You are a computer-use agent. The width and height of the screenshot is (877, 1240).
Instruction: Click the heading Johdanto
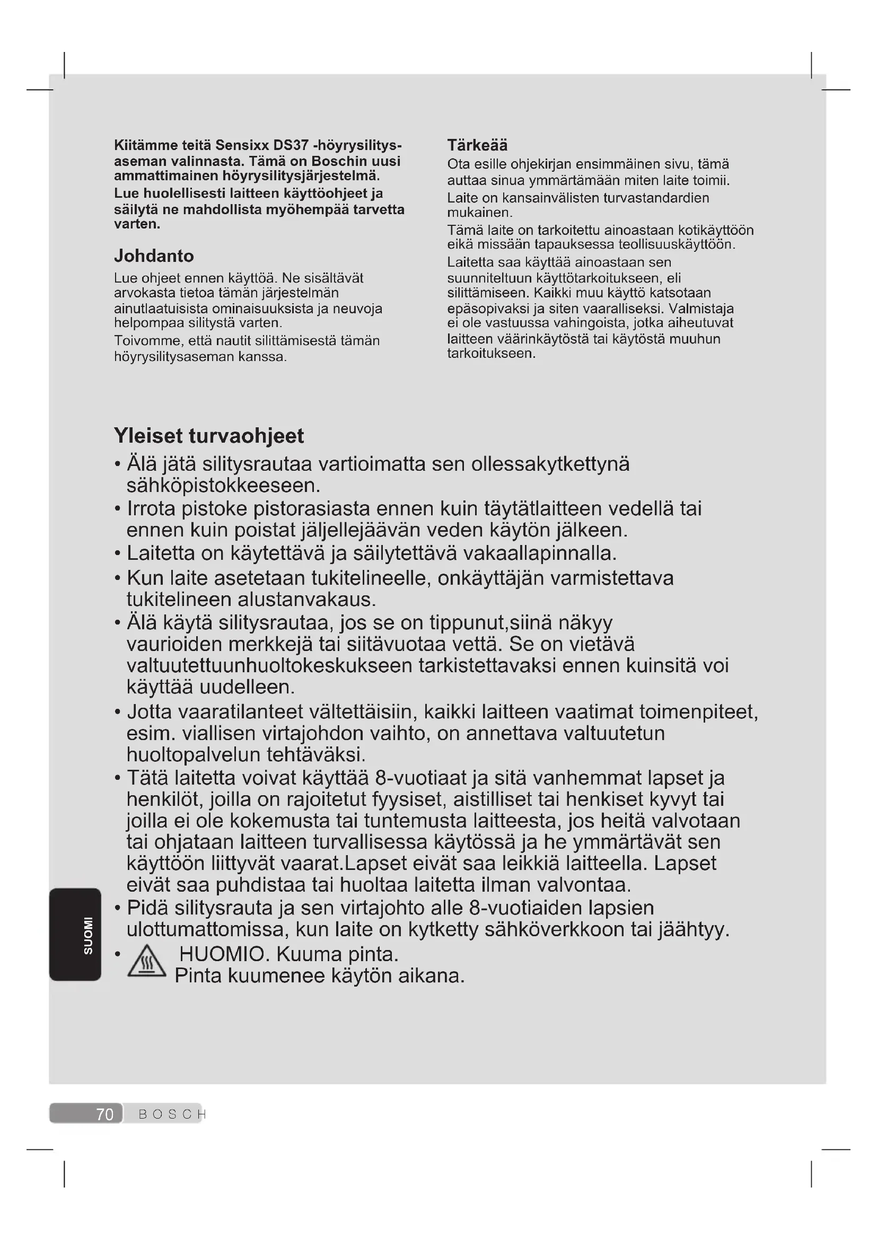point(153,256)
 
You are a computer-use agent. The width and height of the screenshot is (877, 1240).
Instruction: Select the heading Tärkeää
point(477,145)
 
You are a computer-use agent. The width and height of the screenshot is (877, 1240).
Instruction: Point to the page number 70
point(105,1114)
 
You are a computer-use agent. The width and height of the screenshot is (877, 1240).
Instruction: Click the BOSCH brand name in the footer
point(172,1114)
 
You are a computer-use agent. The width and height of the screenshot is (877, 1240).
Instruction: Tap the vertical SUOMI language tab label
point(88,935)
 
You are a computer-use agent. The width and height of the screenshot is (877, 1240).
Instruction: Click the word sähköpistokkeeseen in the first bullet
point(223,486)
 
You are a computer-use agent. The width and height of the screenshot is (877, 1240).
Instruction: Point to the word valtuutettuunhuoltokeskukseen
point(269,665)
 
